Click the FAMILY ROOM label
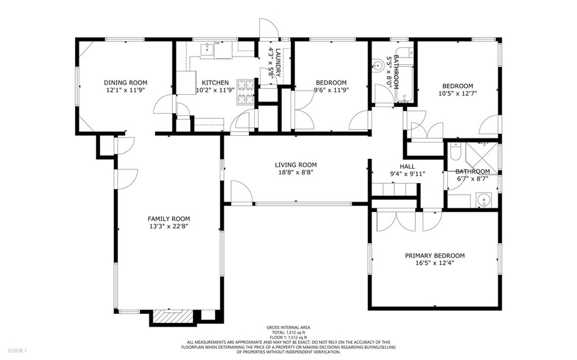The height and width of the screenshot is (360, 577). pos(168,219)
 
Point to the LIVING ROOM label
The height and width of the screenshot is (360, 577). pos(293,165)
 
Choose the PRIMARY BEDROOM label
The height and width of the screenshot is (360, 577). pos(434,255)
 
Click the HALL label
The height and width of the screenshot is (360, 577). pos(407,166)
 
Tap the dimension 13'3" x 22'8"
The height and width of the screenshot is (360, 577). pos(168,226)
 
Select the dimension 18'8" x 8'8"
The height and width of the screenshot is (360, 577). pos(293,173)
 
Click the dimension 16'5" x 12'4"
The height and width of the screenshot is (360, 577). pos(434,263)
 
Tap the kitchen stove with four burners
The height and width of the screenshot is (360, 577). pos(246,92)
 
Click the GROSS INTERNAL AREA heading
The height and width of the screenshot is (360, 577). pos(288,327)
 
